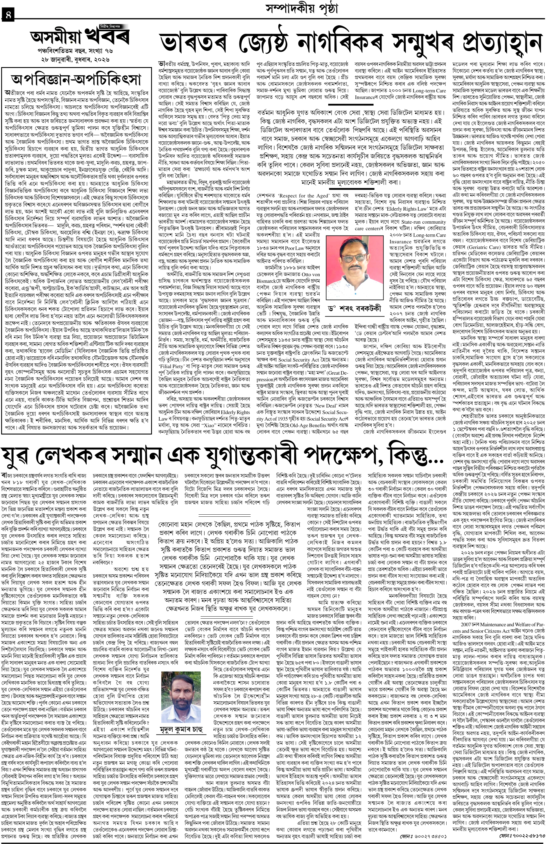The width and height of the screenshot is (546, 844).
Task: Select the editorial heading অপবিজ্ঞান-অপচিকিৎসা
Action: pyautogui.click(x=76, y=79)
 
